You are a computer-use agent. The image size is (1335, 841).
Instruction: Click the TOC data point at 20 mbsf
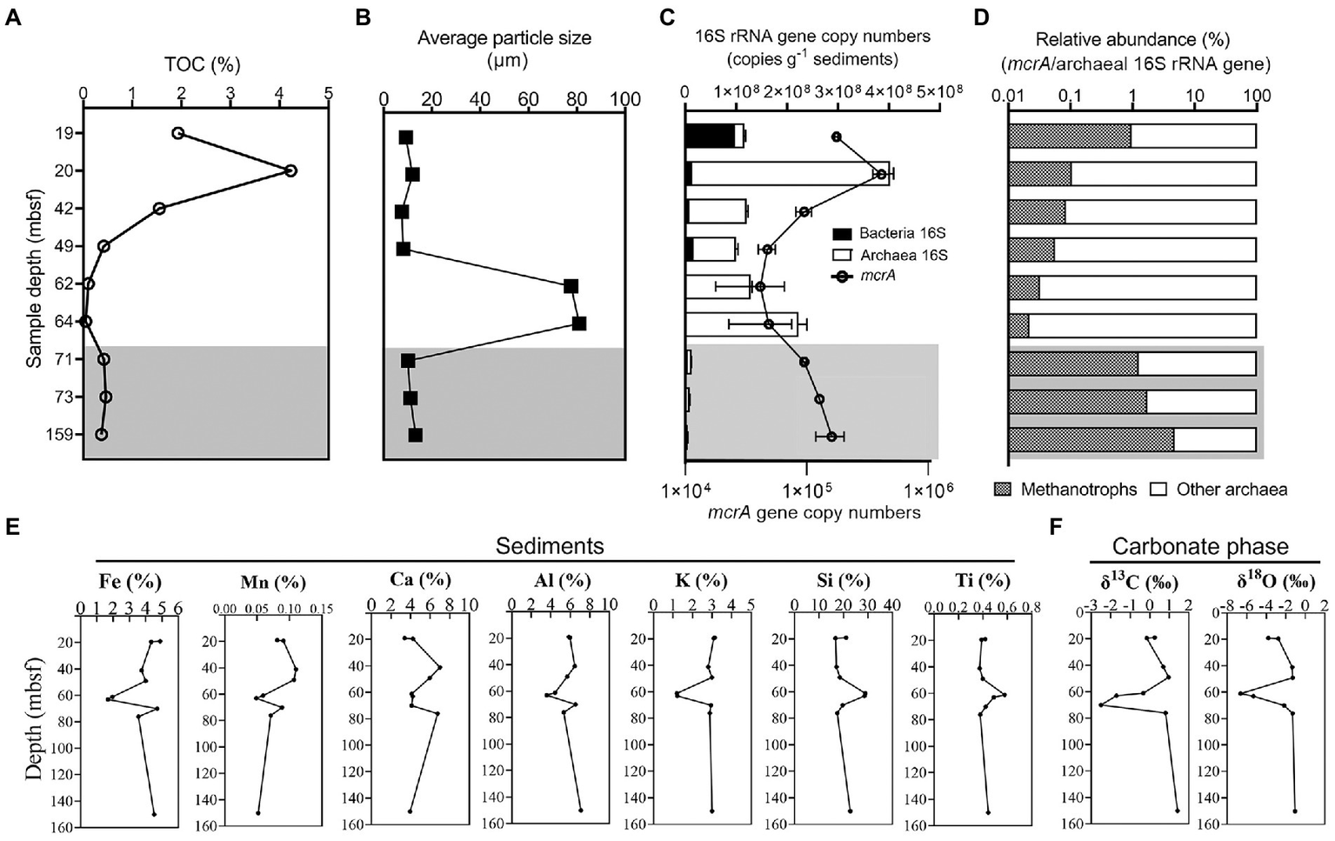291,170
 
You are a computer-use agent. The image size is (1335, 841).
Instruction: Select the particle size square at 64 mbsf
579,324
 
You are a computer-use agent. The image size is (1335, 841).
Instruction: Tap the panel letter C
668,17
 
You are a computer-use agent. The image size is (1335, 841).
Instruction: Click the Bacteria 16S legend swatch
842,233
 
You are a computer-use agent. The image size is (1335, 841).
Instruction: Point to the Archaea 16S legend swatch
842,255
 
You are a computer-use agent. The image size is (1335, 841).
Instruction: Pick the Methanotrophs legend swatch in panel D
1003,490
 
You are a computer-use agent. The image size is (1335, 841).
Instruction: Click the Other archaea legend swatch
1158,490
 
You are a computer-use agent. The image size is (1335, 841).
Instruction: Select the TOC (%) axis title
203,64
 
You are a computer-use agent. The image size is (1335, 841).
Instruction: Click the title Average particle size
504,38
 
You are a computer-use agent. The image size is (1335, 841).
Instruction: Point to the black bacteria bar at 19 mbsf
710,137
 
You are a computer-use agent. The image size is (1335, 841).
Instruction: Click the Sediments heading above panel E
550,546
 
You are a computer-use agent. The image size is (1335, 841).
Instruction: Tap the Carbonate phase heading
1200,546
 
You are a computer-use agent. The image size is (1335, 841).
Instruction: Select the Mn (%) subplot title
272,582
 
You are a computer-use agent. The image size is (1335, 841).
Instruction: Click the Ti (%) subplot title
982,581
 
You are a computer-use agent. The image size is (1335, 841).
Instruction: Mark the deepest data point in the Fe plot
154,814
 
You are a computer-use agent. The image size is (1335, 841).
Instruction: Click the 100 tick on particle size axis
625,99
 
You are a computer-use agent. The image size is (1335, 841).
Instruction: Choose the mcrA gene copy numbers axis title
814,512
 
